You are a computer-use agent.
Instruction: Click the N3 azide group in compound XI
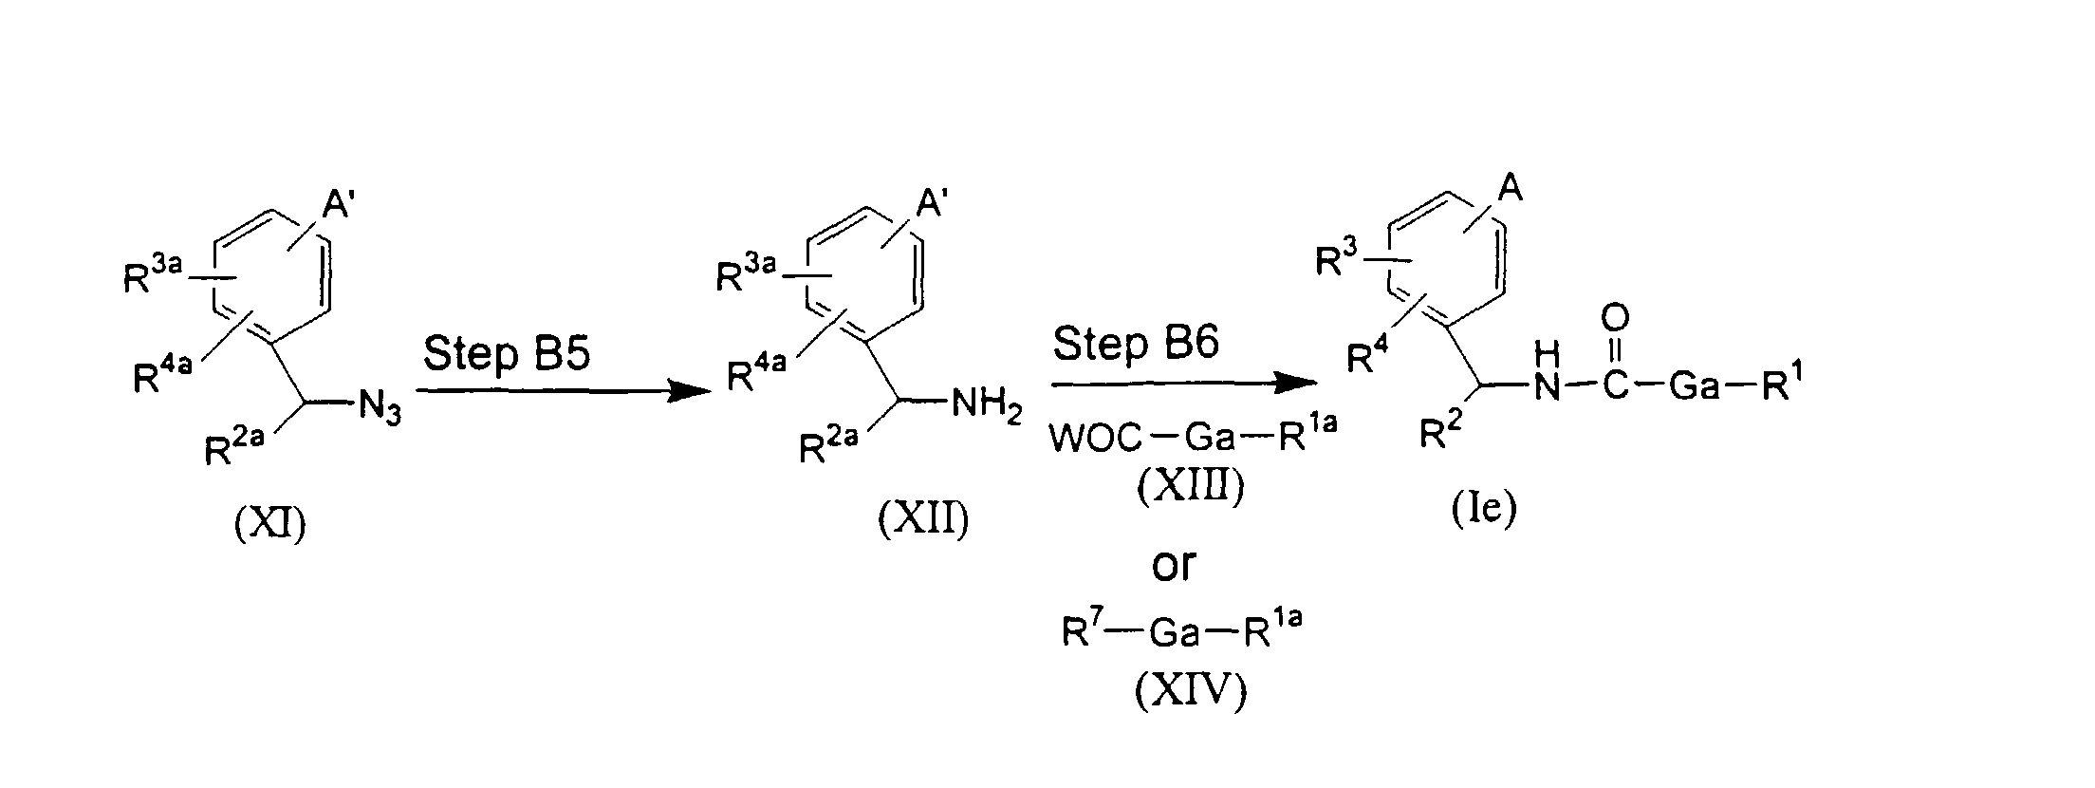(379, 411)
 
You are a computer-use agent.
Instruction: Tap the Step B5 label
(507, 355)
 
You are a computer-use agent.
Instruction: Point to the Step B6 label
(1135, 343)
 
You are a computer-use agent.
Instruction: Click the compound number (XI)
(269, 523)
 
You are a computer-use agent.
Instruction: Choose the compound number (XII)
(923, 521)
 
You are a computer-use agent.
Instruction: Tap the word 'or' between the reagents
(1174, 566)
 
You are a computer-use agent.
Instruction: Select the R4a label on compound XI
(162, 376)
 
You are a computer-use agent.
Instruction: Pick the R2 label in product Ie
(1438, 434)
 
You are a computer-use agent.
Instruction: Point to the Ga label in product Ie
(1694, 387)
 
